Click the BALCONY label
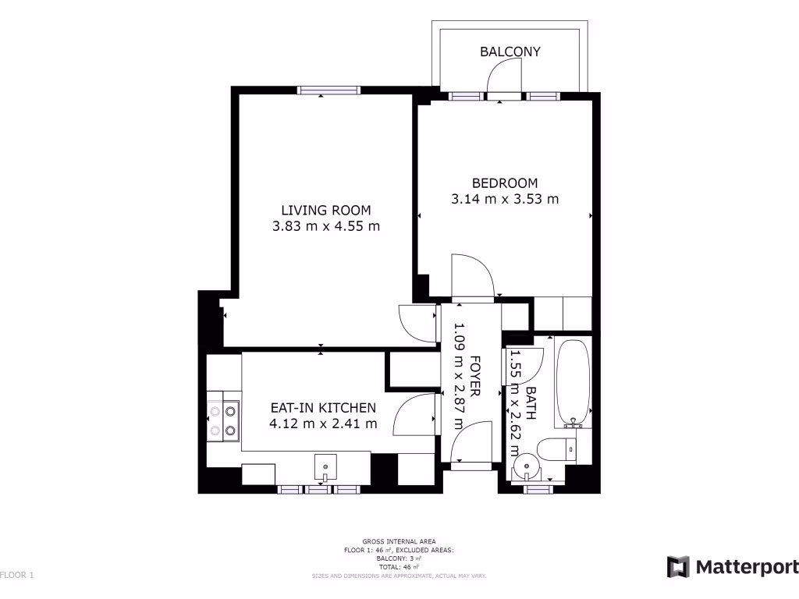[510, 52]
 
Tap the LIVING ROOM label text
[325, 210]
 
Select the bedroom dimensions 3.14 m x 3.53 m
[505, 199]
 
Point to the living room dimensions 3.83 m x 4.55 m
[325, 227]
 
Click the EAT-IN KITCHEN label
[323, 408]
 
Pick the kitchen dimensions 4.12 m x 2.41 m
[323, 424]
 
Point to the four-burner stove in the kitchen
[222, 418]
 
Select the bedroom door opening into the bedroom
[472, 277]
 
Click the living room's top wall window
[330, 91]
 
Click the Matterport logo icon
[678, 567]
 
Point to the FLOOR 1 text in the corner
[17, 576]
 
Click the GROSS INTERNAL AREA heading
[399, 541]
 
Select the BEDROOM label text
[505, 183]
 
